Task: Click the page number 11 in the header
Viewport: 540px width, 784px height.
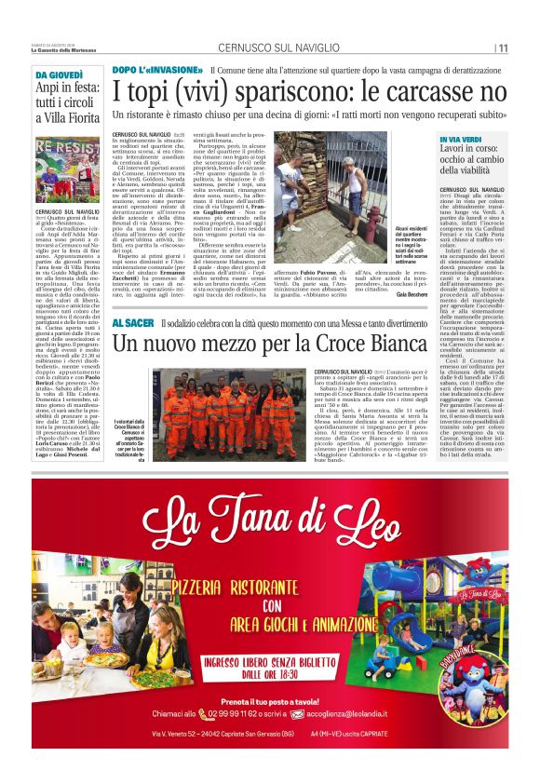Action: (x=504, y=48)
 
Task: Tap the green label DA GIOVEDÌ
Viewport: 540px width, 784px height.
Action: (x=57, y=74)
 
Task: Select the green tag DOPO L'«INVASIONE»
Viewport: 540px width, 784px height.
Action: (x=157, y=70)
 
